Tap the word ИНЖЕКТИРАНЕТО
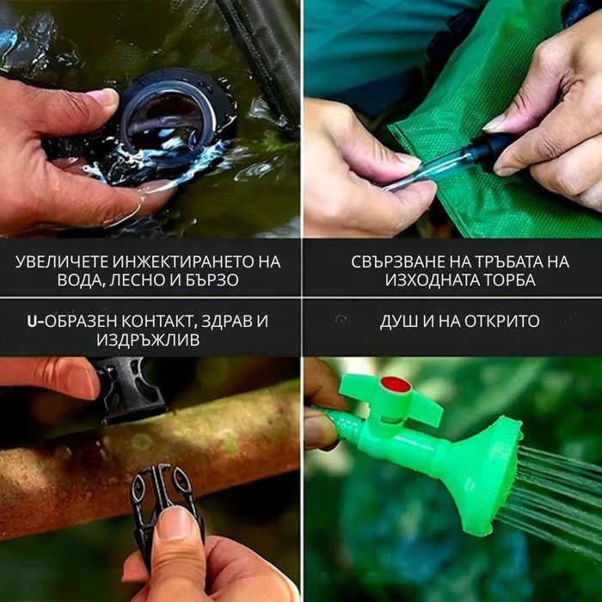(181, 262)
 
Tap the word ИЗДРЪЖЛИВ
(148, 340)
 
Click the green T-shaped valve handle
(390, 399)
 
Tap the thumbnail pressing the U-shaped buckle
(174, 522)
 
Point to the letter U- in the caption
(36, 322)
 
